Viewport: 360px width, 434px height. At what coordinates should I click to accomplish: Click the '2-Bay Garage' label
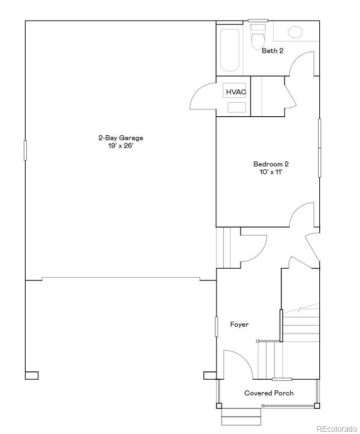121,138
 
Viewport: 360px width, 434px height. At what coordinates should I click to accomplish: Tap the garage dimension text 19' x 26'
121,145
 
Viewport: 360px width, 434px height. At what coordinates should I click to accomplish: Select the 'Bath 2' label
272,51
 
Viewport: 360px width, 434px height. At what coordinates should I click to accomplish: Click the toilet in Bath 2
258,38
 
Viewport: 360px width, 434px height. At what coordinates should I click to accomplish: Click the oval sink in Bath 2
295,32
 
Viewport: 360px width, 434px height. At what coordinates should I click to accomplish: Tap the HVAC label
236,92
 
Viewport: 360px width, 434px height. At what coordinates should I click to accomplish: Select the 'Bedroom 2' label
271,164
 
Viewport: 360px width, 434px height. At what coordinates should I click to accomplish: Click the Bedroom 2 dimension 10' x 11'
271,172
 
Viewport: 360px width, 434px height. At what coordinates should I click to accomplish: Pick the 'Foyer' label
239,325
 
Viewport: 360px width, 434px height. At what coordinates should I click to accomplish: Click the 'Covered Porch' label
268,393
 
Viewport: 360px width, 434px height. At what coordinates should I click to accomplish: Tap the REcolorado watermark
336,428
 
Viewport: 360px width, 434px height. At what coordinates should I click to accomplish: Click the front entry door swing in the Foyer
237,363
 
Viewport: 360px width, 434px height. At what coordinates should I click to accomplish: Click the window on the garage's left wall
25,150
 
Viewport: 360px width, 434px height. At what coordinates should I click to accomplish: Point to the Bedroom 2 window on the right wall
319,148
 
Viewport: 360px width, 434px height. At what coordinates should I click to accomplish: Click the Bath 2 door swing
302,63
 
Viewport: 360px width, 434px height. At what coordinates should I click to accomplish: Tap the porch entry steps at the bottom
241,416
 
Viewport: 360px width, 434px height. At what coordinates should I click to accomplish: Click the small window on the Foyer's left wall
217,327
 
